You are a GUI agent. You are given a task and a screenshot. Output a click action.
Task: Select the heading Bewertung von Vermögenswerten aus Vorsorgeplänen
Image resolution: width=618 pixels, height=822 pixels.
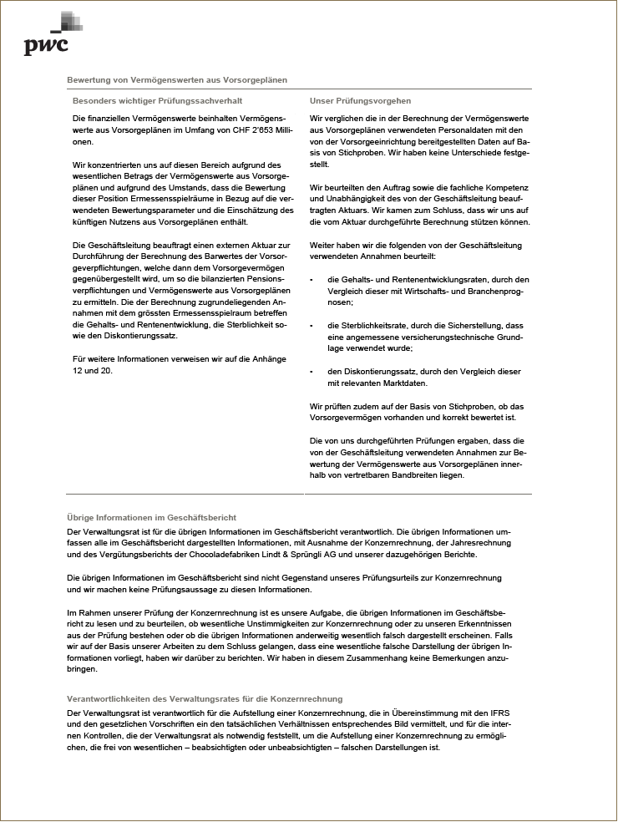tap(177, 80)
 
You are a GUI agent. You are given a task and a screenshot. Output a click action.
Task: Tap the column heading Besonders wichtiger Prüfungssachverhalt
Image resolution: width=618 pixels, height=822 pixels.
tap(156, 101)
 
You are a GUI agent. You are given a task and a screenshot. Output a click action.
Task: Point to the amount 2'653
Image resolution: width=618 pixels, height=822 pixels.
tap(260, 131)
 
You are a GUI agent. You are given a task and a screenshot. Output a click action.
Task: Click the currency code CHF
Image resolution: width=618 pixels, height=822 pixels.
tap(234, 131)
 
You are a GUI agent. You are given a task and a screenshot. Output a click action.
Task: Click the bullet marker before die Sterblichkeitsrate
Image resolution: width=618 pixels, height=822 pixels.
tap(312, 326)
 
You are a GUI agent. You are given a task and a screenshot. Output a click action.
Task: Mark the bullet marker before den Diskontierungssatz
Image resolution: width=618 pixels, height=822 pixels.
tap(312, 372)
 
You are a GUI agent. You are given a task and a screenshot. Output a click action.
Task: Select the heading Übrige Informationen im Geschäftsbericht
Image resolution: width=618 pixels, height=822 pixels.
tap(151, 518)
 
